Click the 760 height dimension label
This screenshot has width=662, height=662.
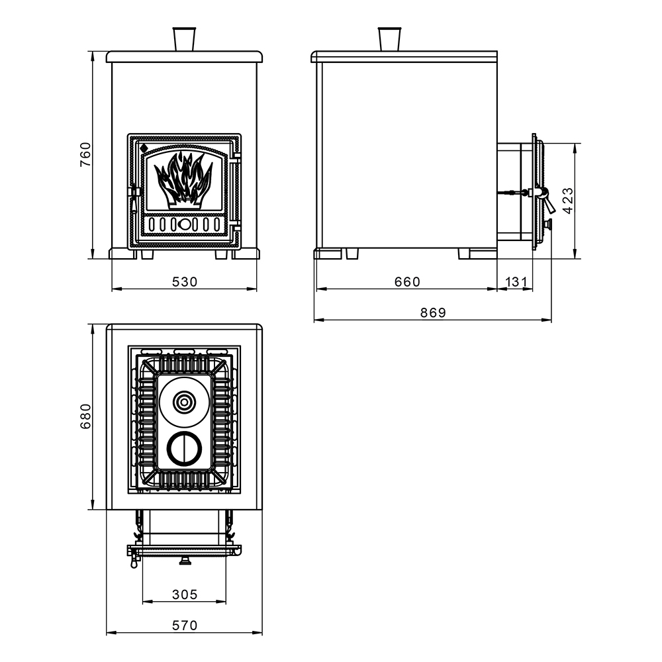tap(85, 154)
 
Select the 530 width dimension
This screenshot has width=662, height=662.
tap(185, 281)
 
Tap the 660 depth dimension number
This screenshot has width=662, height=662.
tap(407, 281)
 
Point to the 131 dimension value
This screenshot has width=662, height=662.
tap(516, 281)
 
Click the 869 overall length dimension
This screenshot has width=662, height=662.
tap(433, 312)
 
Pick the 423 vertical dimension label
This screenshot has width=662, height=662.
tap(568, 201)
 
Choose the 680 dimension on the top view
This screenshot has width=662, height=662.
tap(85, 416)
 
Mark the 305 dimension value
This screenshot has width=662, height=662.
tap(185, 594)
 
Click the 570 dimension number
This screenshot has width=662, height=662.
tap(185, 626)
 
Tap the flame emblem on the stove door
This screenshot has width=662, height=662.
tap(183, 180)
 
